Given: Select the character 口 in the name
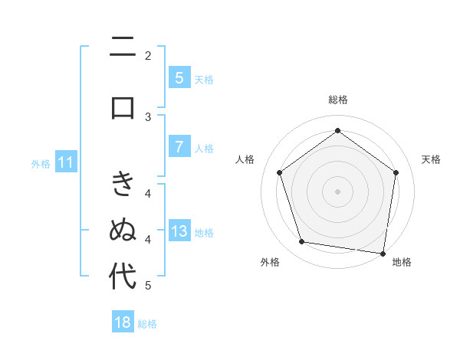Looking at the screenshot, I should click(x=123, y=106).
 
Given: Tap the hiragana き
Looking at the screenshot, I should click(x=123, y=184).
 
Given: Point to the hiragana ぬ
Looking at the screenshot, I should click(x=123, y=230).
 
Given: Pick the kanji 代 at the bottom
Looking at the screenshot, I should click(x=123, y=277).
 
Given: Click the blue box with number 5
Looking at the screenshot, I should click(x=179, y=78).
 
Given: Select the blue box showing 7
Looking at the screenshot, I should click(x=179, y=147).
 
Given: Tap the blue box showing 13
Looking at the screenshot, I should click(x=179, y=231).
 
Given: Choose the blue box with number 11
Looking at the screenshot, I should click(x=65, y=162).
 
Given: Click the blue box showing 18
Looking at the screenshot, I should click(x=123, y=322).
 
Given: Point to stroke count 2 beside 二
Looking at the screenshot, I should click(x=148, y=55).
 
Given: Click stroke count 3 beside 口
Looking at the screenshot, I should click(x=148, y=116).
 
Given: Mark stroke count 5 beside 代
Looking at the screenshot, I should click(x=148, y=286).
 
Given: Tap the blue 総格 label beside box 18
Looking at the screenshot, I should click(x=147, y=324).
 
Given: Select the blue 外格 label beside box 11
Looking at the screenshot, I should click(x=41, y=163).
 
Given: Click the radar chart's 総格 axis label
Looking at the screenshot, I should click(x=337, y=100).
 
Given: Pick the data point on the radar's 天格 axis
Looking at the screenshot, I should click(x=396, y=172).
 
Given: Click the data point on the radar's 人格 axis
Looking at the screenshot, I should click(x=279, y=172).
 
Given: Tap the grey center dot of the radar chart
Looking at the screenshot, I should click(x=337, y=191).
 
